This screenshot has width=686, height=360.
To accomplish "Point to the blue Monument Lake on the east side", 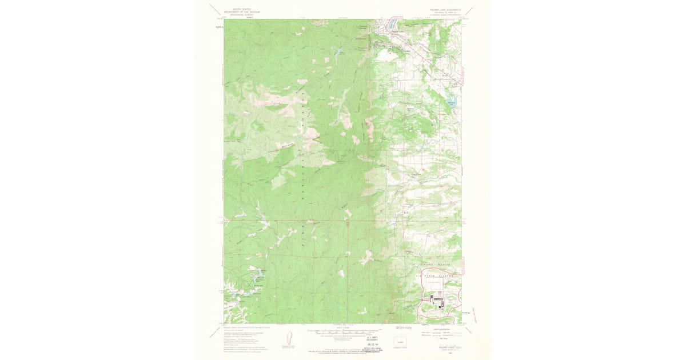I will [x=452, y=103].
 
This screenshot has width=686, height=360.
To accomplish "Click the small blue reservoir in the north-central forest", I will [x=340, y=52].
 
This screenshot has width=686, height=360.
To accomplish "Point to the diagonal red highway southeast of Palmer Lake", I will [x=429, y=57].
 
